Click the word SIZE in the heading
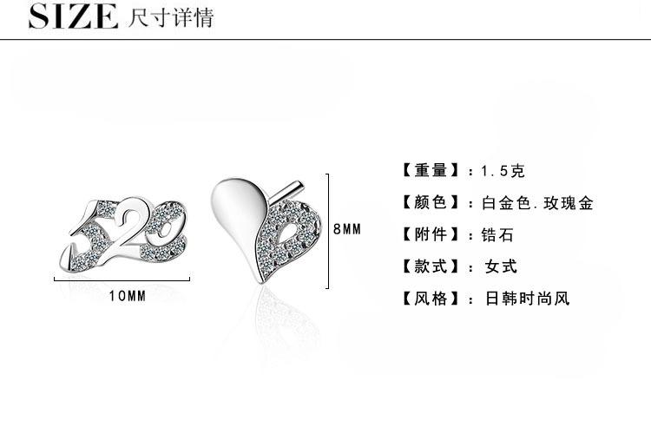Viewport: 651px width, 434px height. tap(73, 16)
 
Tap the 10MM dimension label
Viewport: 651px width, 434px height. tap(128, 295)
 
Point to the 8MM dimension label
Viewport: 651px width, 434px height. tap(347, 229)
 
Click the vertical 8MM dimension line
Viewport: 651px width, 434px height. tap(326, 230)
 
